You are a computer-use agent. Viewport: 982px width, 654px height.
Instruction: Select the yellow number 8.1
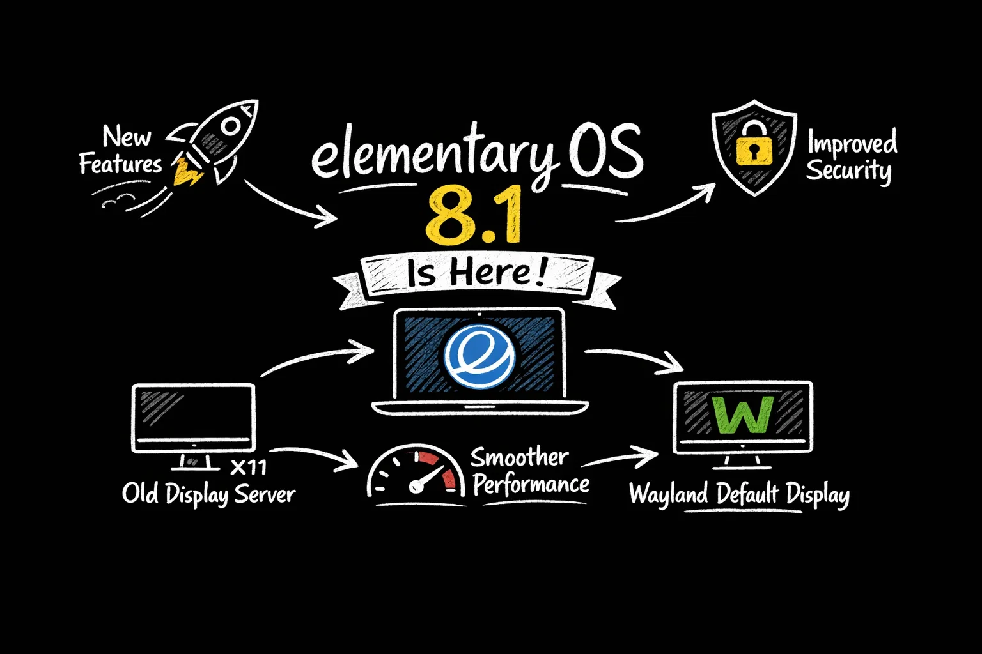474,216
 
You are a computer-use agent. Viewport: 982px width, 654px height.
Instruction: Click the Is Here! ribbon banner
477,275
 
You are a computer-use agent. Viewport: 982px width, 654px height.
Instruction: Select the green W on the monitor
743,414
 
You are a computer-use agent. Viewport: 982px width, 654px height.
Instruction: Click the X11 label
248,468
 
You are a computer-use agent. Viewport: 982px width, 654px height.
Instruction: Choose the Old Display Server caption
208,494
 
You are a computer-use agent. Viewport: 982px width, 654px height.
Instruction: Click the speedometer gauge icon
416,473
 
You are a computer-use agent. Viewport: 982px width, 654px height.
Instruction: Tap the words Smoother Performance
529,471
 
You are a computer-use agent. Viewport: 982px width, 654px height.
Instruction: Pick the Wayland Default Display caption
739,495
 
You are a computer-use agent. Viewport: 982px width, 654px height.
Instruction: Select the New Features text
121,151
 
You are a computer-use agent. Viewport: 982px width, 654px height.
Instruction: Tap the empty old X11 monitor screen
193,413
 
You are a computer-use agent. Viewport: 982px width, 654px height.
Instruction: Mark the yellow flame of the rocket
186,171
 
